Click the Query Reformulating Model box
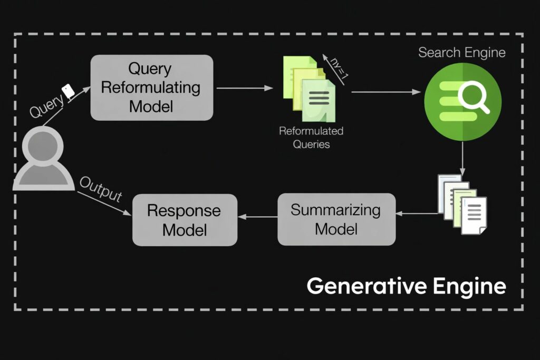point(152,87)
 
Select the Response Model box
point(184,219)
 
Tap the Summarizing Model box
point(336,219)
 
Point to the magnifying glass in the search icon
point(474,98)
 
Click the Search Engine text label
point(462,52)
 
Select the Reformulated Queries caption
point(311,137)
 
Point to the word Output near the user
point(100,188)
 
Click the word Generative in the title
point(360,286)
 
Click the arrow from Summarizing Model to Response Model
point(258,216)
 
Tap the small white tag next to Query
point(67,91)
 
